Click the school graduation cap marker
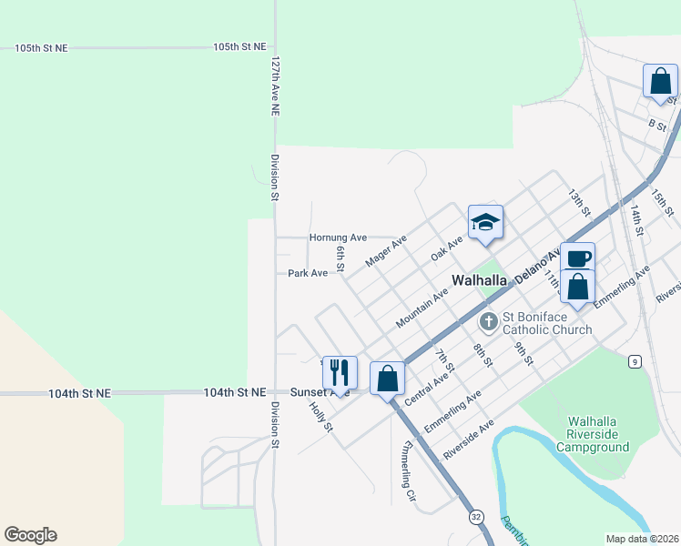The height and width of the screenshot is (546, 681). pyautogui.click(x=485, y=223)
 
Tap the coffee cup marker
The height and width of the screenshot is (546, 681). pyautogui.click(x=577, y=258)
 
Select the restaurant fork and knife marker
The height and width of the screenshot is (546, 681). pyautogui.click(x=340, y=373)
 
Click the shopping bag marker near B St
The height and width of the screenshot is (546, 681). pyautogui.click(x=659, y=80)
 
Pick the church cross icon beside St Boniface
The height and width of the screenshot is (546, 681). pyautogui.click(x=490, y=321)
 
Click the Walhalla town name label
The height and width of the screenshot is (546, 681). pyautogui.click(x=480, y=280)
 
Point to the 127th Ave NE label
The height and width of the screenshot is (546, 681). pyautogui.click(x=275, y=87)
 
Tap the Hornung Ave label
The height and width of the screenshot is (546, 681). pyautogui.click(x=338, y=238)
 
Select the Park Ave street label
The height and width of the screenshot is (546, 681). pyautogui.click(x=307, y=273)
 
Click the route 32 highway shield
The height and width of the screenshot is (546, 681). pyautogui.click(x=476, y=517)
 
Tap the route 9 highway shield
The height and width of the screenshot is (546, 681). pyautogui.click(x=634, y=362)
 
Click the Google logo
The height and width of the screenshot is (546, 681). pyautogui.click(x=30, y=535)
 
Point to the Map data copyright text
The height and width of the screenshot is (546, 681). pyautogui.click(x=643, y=539)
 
